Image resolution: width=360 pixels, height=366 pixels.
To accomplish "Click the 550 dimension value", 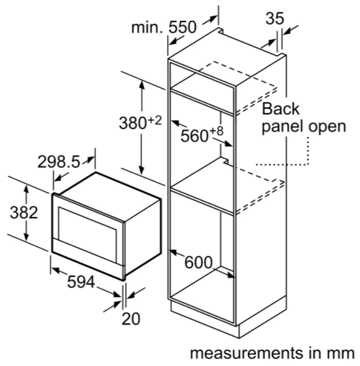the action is point(183,27).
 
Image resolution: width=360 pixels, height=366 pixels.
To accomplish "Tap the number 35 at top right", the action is point(275,19).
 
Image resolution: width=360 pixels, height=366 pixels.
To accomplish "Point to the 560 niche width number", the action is point(194,136).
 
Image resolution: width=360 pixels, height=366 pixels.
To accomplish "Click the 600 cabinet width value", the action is point(198,262).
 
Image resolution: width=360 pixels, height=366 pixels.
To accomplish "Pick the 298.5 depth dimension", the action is point(59,162).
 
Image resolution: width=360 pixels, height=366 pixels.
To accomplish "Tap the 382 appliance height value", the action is point(24,212).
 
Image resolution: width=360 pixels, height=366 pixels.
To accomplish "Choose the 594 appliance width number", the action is point(81,282).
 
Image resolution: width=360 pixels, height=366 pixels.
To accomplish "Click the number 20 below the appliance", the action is point(131,319).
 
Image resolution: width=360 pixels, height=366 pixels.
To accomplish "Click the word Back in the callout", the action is point(281,109).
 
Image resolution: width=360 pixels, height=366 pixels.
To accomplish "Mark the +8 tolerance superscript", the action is point(216,131).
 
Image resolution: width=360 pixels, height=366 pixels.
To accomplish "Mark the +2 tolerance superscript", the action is point(155,121).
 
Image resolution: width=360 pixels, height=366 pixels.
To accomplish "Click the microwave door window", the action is point(88,235).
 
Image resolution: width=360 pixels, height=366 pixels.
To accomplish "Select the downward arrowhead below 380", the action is point(141,170).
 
